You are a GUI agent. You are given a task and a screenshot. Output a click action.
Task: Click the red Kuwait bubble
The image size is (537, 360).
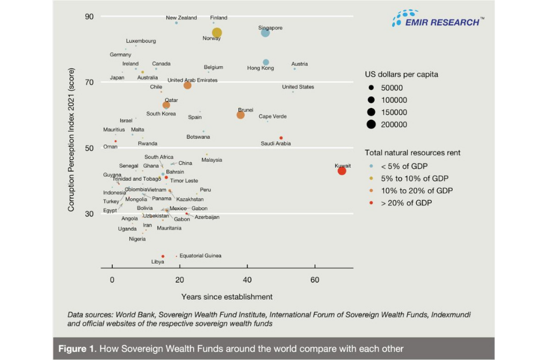click(342, 170)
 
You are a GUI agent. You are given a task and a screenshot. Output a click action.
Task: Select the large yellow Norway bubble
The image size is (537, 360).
click(217, 33)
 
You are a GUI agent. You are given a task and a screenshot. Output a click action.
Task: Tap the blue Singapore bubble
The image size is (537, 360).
click(265, 33)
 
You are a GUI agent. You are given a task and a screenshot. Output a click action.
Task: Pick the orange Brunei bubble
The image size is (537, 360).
click(241, 115)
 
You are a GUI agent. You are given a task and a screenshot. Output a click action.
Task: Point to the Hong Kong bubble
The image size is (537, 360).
click(266, 62)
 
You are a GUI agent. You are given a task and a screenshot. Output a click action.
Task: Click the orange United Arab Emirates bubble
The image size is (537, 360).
click(187, 85)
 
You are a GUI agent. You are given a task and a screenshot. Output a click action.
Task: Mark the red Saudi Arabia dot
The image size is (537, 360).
click(281, 138)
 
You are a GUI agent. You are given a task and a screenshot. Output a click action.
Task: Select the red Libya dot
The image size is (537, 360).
click(163, 256)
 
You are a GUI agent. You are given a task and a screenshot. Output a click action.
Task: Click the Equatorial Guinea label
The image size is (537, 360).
click(200, 256)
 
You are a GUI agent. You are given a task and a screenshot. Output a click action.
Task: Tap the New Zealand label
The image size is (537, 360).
click(182, 18)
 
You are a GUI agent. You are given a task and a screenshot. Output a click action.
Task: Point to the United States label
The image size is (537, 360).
click(298, 87)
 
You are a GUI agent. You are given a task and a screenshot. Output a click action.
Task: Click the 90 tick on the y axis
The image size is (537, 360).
click(89, 17)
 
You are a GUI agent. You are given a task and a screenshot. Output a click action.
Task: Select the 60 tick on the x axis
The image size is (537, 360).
click(315, 280)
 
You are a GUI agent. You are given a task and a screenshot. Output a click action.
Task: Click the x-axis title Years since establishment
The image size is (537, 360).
click(227, 297)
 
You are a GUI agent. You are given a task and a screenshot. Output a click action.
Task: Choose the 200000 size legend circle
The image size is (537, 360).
click(371, 125)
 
